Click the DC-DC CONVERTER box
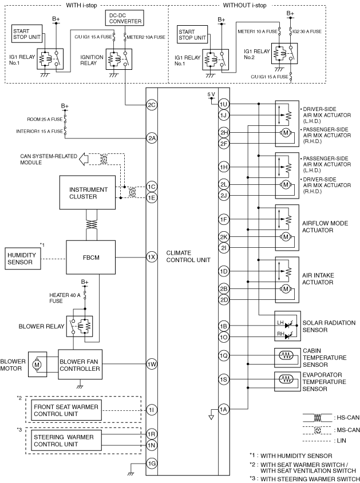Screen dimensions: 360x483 click(124, 18)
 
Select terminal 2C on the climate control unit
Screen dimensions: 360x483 click(152, 105)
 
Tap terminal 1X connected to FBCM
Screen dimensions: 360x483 click(152, 257)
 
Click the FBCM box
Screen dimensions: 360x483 click(91, 257)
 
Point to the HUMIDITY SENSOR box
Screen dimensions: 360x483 click(23, 259)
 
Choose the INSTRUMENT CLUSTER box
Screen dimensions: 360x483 click(88, 193)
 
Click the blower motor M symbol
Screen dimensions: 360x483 click(37, 365)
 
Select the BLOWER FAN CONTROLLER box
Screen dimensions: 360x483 click(80, 365)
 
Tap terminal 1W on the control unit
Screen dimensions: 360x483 click(152, 365)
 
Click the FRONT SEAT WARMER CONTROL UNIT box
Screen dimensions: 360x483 click(66, 410)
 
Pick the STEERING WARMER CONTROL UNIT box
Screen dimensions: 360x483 click(66, 441)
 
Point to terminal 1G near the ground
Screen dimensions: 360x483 click(152, 464)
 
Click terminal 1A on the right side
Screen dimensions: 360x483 click(224, 409)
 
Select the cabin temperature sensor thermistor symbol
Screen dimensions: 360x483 click(286, 355)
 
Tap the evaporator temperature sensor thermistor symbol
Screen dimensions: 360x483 click(286, 379)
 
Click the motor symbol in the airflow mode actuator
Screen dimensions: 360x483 click(286, 237)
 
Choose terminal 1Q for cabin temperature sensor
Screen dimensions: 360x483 click(224, 356)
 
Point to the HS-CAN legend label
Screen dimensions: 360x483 click(346, 418)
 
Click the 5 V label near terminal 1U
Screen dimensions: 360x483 click(211, 94)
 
